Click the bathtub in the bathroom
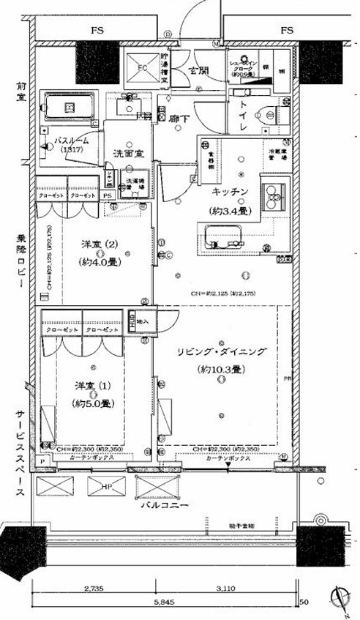coord(71,108)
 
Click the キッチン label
coord(231,192)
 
